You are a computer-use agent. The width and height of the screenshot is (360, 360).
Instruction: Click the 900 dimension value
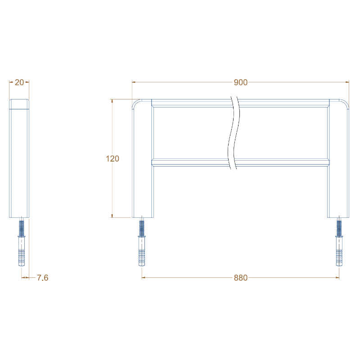pos(241,82)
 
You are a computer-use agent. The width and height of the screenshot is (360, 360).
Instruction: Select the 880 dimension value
pos(241,278)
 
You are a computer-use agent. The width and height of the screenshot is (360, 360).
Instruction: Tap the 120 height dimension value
pos(112,158)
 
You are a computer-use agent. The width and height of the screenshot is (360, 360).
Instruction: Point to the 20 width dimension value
pos(19,82)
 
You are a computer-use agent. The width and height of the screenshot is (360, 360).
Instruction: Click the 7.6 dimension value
pos(42,278)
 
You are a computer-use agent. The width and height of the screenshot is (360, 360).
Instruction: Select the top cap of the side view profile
pos(19,104)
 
